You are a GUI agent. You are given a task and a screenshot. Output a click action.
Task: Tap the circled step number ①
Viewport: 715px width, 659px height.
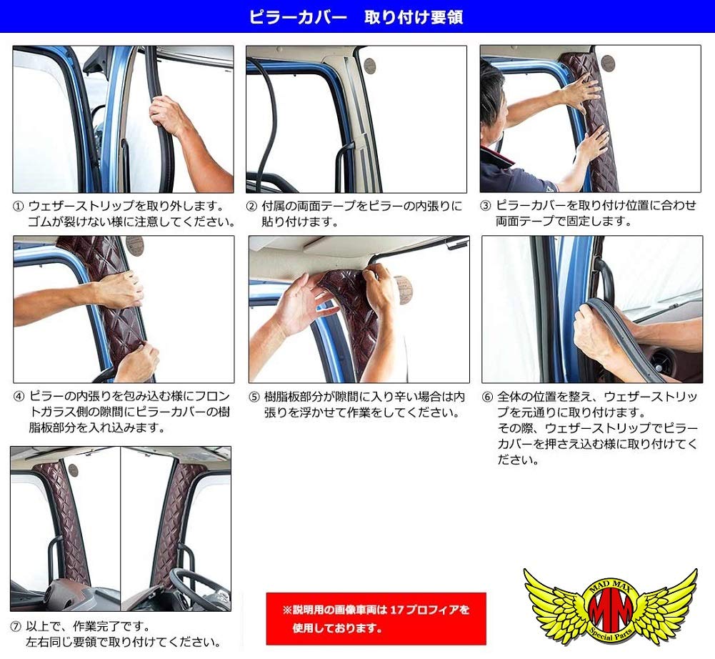[19, 206]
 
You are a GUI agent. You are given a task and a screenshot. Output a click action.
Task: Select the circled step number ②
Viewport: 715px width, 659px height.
[251, 206]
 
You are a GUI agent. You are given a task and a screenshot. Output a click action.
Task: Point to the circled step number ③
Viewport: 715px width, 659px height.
[486, 206]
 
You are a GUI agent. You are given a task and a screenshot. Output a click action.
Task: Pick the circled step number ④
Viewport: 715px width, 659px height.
[19, 395]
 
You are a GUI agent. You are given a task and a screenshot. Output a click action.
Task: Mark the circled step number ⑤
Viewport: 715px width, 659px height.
[254, 395]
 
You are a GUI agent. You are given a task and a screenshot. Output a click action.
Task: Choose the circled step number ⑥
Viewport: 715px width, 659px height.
[488, 395]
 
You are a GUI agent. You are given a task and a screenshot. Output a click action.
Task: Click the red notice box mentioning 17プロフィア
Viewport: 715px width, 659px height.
[376, 618]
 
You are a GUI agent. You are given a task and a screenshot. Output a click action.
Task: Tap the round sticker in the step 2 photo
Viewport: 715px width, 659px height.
[370, 66]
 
